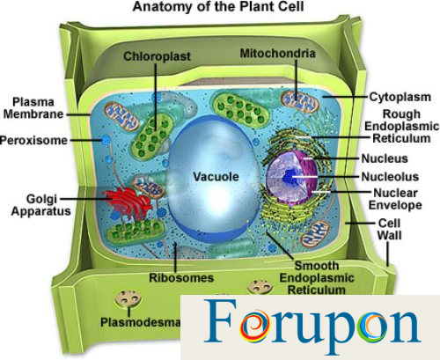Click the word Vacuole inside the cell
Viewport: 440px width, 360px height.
(216, 177)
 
